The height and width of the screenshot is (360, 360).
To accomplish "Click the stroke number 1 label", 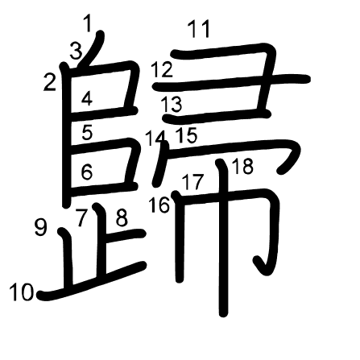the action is point(88,23).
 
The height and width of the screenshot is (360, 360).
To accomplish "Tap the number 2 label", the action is point(50,82).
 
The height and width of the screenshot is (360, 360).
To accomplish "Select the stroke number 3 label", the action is point(77,51).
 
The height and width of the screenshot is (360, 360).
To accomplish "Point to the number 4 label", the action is point(87,98).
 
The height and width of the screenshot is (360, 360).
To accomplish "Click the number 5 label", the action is point(87,132).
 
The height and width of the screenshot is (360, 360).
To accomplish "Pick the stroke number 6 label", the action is point(87,172).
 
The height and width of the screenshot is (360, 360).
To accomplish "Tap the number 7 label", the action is point(81,217).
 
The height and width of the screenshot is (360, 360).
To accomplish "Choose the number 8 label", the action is point(122,217).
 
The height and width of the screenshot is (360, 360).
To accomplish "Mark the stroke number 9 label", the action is point(41,227).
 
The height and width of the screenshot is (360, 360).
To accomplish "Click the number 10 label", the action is point(22,292).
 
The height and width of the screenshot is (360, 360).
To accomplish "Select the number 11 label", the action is point(199,29).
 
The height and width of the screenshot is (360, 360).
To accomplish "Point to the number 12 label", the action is point(162,69).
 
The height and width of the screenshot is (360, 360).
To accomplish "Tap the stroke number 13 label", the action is point(172,104).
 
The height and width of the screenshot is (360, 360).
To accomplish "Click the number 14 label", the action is point(155,138).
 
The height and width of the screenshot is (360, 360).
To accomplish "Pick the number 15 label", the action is point(187,134).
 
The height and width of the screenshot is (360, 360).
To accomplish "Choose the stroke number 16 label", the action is point(159,205).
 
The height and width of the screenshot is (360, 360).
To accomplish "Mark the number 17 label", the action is point(193,182).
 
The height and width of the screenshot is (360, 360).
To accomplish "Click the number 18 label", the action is point(242,167).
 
